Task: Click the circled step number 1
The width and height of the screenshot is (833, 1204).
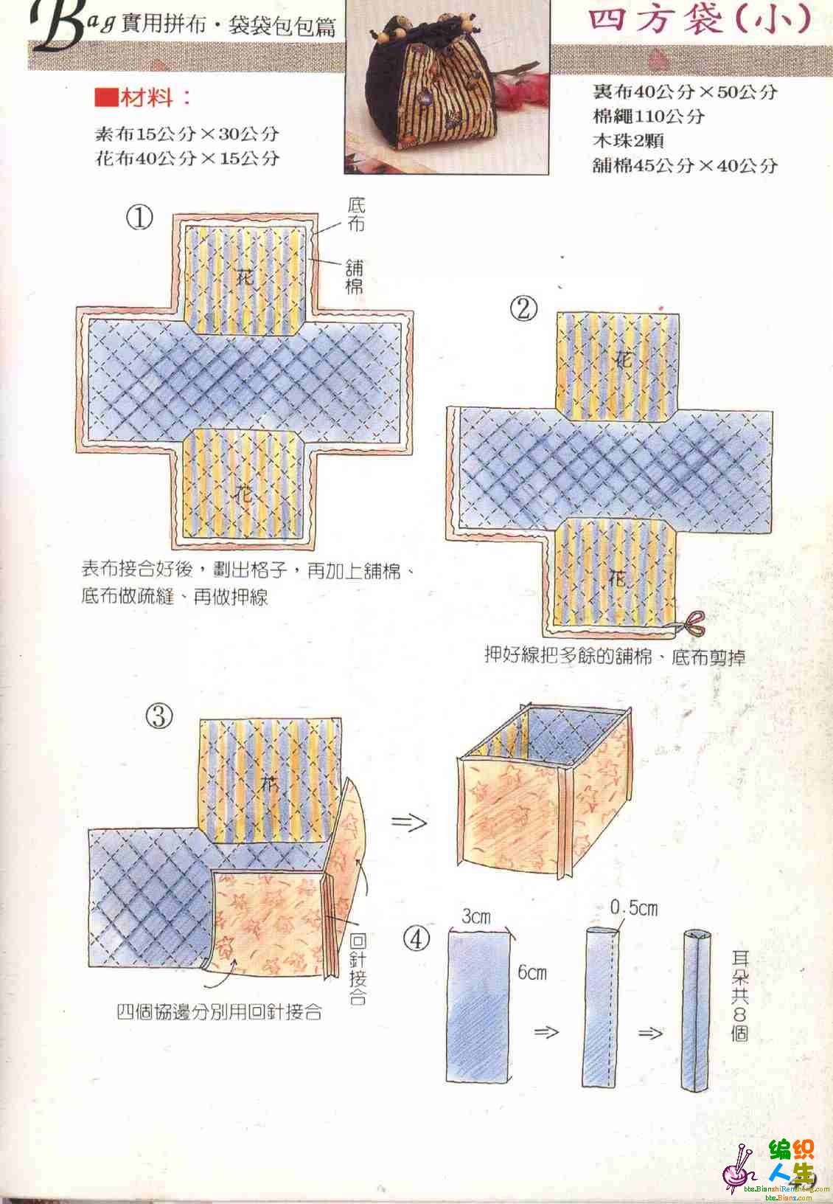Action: click(x=139, y=218)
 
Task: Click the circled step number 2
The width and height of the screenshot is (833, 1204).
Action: click(x=523, y=309)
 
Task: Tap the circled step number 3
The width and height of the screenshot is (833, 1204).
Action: click(x=159, y=716)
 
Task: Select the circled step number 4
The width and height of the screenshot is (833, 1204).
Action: click(x=416, y=940)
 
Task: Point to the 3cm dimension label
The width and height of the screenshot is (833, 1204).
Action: click(x=476, y=916)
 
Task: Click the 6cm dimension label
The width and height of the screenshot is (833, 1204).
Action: click(x=531, y=972)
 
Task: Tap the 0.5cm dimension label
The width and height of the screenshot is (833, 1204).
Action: click(x=634, y=908)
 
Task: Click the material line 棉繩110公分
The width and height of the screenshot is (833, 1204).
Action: click(x=649, y=116)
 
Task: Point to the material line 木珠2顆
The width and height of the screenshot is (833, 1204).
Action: click(x=628, y=141)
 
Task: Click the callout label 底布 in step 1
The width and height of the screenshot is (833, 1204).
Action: click(x=356, y=215)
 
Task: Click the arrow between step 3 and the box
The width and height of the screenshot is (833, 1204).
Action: click(x=409, y=822)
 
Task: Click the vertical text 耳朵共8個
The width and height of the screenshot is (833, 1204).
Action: click(x=739, y=995)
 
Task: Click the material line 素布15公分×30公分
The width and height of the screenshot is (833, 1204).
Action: click(x=187, y=134)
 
